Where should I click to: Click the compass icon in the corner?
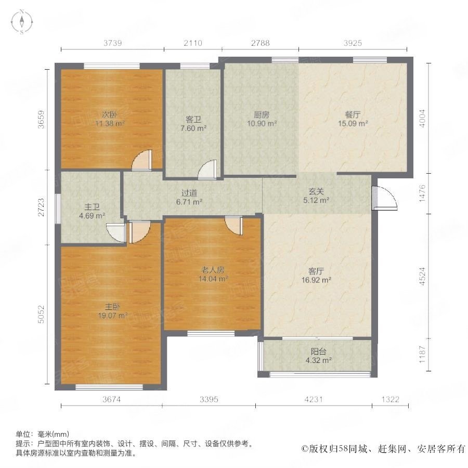click(22, 22)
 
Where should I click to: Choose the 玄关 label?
click(316, 191)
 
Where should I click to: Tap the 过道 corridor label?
click(188, 191)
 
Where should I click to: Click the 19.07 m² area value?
click(114, 316)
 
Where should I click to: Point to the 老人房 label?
click(213, 270)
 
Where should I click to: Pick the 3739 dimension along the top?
click(113, 43)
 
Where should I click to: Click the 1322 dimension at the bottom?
click(390, 399)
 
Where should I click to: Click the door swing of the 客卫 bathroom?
click(208, 170)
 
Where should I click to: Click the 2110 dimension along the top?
click(193, 43)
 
